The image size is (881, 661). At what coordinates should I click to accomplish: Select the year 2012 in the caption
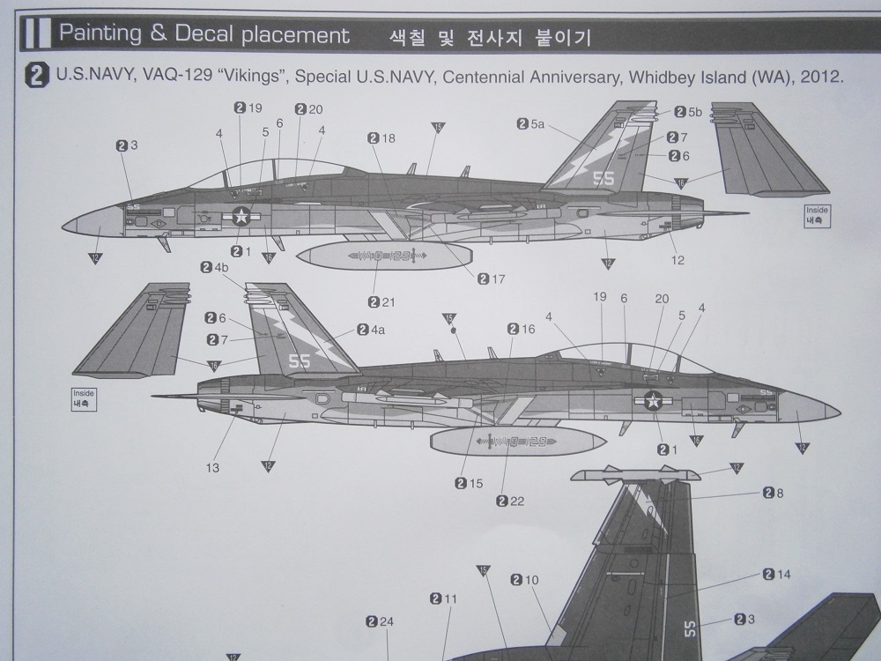825,77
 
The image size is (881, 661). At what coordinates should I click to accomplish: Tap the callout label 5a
537,126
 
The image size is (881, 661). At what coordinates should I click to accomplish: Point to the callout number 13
214,468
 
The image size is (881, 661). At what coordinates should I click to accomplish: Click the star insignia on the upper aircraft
241,215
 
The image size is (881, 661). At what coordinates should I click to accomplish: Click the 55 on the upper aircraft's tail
603,178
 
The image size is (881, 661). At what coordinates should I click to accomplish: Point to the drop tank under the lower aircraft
517,440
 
